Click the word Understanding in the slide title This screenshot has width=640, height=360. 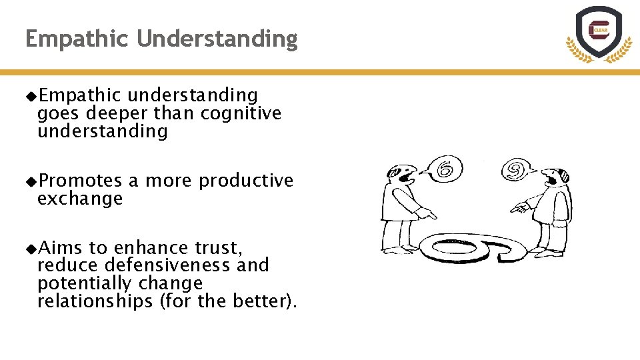(217, 39)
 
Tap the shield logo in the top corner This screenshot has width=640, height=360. (599, 33)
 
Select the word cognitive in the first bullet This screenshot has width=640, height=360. (241, 113)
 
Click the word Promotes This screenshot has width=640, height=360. (80, 181)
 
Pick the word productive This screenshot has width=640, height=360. (246, 181)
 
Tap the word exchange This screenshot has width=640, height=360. (80, 199)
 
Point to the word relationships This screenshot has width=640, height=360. (95, 301)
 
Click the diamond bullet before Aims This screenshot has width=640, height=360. (30, 248)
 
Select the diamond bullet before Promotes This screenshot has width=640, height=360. (30, 181)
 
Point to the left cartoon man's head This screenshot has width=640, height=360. (402, 174)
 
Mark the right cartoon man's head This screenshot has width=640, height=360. (556, 177)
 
